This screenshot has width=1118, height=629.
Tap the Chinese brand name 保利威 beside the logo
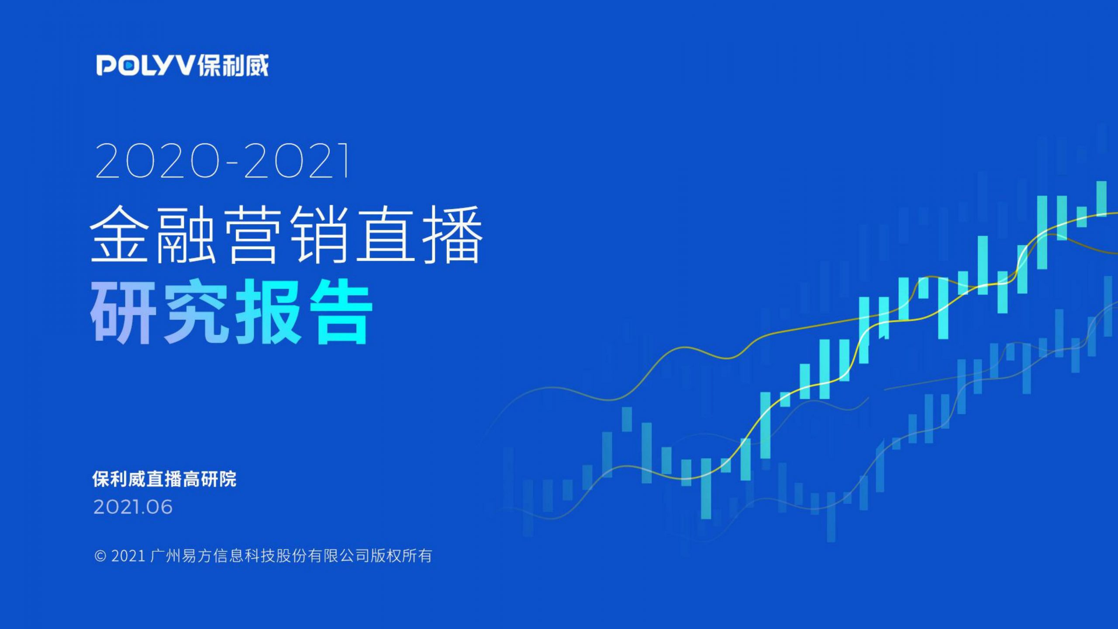[x=233, y=66]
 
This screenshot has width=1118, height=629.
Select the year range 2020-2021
[x=222, y=161]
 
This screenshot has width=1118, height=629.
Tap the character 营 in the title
[x=253, y=235]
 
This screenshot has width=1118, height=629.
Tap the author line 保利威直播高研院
[x=164, y=479]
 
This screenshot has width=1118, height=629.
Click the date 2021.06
[x=133, y=507]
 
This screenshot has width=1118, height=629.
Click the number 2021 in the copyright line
[x=128, y=556]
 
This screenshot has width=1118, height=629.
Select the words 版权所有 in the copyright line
[x=401, y=556]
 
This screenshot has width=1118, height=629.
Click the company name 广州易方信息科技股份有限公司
[x=260, y=556]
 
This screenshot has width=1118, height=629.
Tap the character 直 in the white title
[x=386, y=235]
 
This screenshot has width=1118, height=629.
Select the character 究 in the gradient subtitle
[x=196, y=311]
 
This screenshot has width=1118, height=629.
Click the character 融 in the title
[x=186, y=235]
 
